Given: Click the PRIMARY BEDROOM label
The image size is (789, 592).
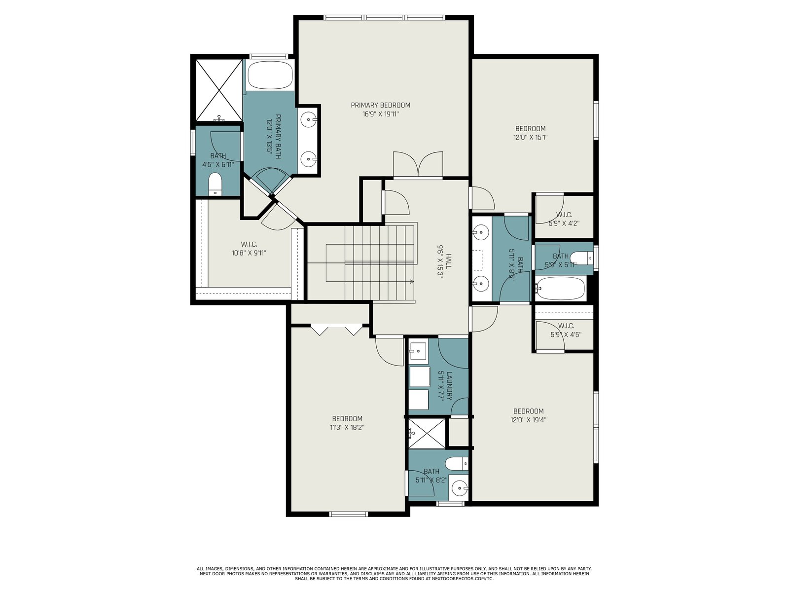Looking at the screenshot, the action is coord(380,105).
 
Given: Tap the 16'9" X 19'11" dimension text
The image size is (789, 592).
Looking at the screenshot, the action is coord(381,114).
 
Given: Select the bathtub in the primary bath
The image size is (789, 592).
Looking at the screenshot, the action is coord(270,75).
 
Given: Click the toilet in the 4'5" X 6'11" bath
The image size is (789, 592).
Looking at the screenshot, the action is coord(215,185).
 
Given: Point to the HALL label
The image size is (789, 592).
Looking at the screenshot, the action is coord(449,261).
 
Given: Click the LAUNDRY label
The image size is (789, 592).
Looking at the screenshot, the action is coord(449,385).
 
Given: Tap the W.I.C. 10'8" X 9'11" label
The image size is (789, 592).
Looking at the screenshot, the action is coord(249,248).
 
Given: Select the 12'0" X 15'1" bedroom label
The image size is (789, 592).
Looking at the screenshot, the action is coord(530,133).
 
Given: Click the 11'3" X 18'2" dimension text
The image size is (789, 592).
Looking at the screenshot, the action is coord(347,427).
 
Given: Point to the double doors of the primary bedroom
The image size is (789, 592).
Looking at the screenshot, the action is coord(418,164).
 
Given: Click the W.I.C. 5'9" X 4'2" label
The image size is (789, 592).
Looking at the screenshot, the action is coord(564,219).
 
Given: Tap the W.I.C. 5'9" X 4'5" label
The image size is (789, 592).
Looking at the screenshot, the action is coord(566,330).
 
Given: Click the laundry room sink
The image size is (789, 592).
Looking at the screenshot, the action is coord(418,350).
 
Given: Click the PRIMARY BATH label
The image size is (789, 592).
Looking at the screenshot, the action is coord(274,136).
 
